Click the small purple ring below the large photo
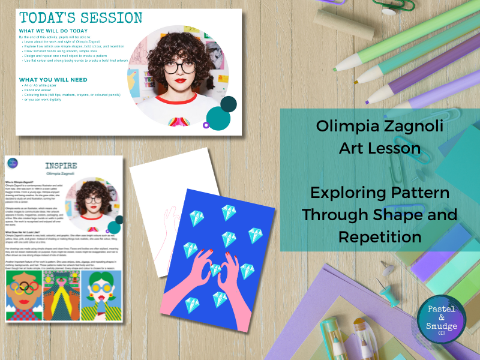206,125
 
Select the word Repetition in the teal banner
379,236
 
